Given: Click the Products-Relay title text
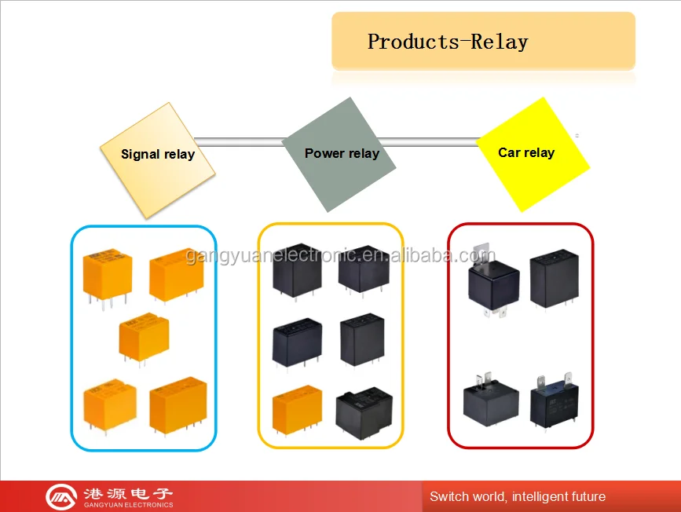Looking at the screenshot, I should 448,42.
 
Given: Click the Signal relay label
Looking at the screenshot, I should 157,154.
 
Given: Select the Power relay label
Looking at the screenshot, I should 342,153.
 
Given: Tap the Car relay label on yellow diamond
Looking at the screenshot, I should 526,152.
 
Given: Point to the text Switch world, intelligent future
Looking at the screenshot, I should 517,496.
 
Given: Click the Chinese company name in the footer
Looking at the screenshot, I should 127,492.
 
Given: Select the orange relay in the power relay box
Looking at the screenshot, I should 297,410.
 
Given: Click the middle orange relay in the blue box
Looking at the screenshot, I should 144,338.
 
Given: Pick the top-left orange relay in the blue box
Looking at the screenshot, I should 108,273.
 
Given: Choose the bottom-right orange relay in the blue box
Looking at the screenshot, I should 178,403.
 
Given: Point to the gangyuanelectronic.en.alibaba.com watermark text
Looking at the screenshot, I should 340,256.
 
